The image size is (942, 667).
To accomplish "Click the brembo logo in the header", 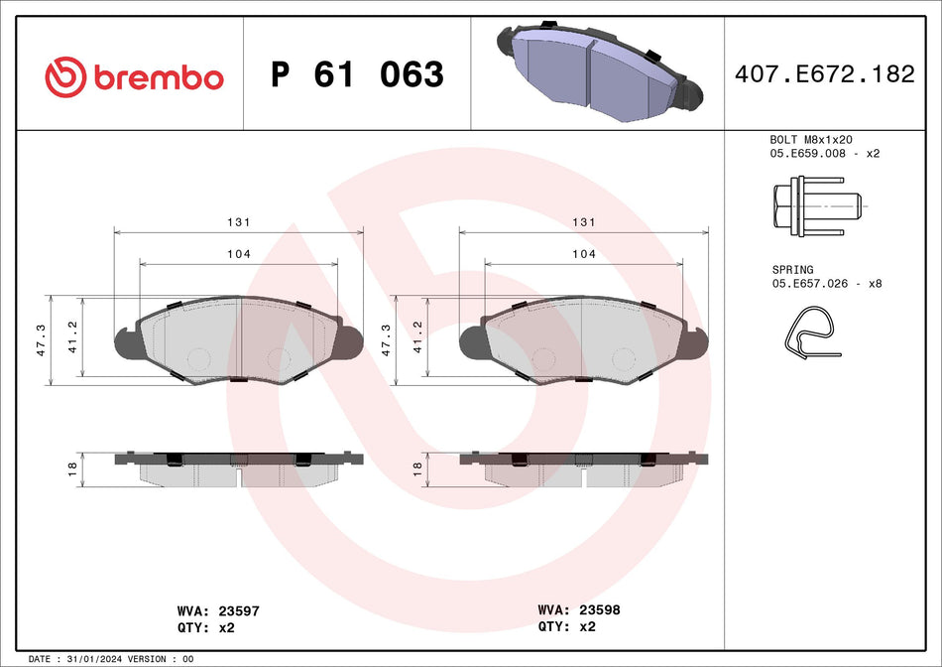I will (x=134, y=76).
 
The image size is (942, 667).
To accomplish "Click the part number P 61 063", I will (x=357, y=74).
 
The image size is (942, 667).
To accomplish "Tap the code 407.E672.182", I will (x=822, y=74).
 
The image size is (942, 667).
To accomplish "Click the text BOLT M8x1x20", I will (x=811, y=140).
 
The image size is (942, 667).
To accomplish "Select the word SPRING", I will (x=792, y=269).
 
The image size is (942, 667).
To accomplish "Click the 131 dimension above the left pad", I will (x=239, y=223).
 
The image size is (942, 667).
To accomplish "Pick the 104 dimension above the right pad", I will (x=584, y=254).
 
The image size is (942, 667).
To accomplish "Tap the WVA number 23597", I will (x=238, y=611).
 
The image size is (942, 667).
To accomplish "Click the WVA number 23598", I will (x=599, y=610).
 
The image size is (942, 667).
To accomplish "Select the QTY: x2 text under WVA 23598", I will (x=566, y=626).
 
